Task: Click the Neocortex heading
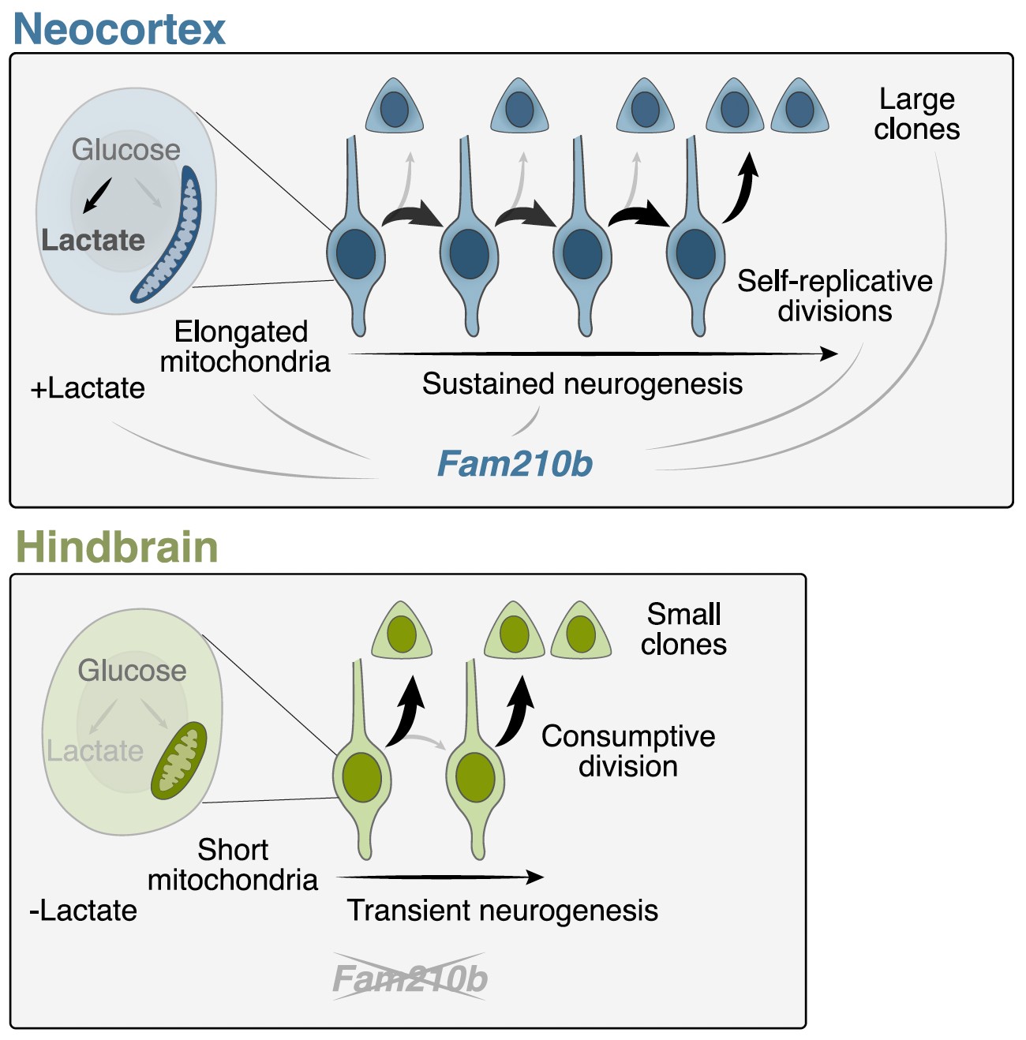click(x=119, y=29)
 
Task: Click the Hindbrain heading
click(x=117, y=547)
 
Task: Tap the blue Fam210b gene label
click(x=515, y=464)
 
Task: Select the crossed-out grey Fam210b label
click(x=410, y=979)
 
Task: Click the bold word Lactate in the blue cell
click(x=93, y=240)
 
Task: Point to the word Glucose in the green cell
click(x=132, y=671)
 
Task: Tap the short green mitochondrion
click(x=179, y=761)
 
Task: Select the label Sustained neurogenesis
click(x=582, y=384)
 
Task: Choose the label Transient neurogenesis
click(x=502, y=911)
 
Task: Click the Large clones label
click(x=917, y=114)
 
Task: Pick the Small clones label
click(x=683, y=630)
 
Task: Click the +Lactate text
click(x=88, y=388)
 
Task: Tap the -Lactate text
click(x=83, y=911)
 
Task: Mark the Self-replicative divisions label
click(x=834, y=296)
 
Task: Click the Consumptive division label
click(x=628, y=751)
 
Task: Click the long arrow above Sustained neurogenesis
click(x=592, y=354)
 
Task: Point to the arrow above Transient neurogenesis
click(x=440, y=877)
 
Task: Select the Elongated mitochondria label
click(x=245, y=346)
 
